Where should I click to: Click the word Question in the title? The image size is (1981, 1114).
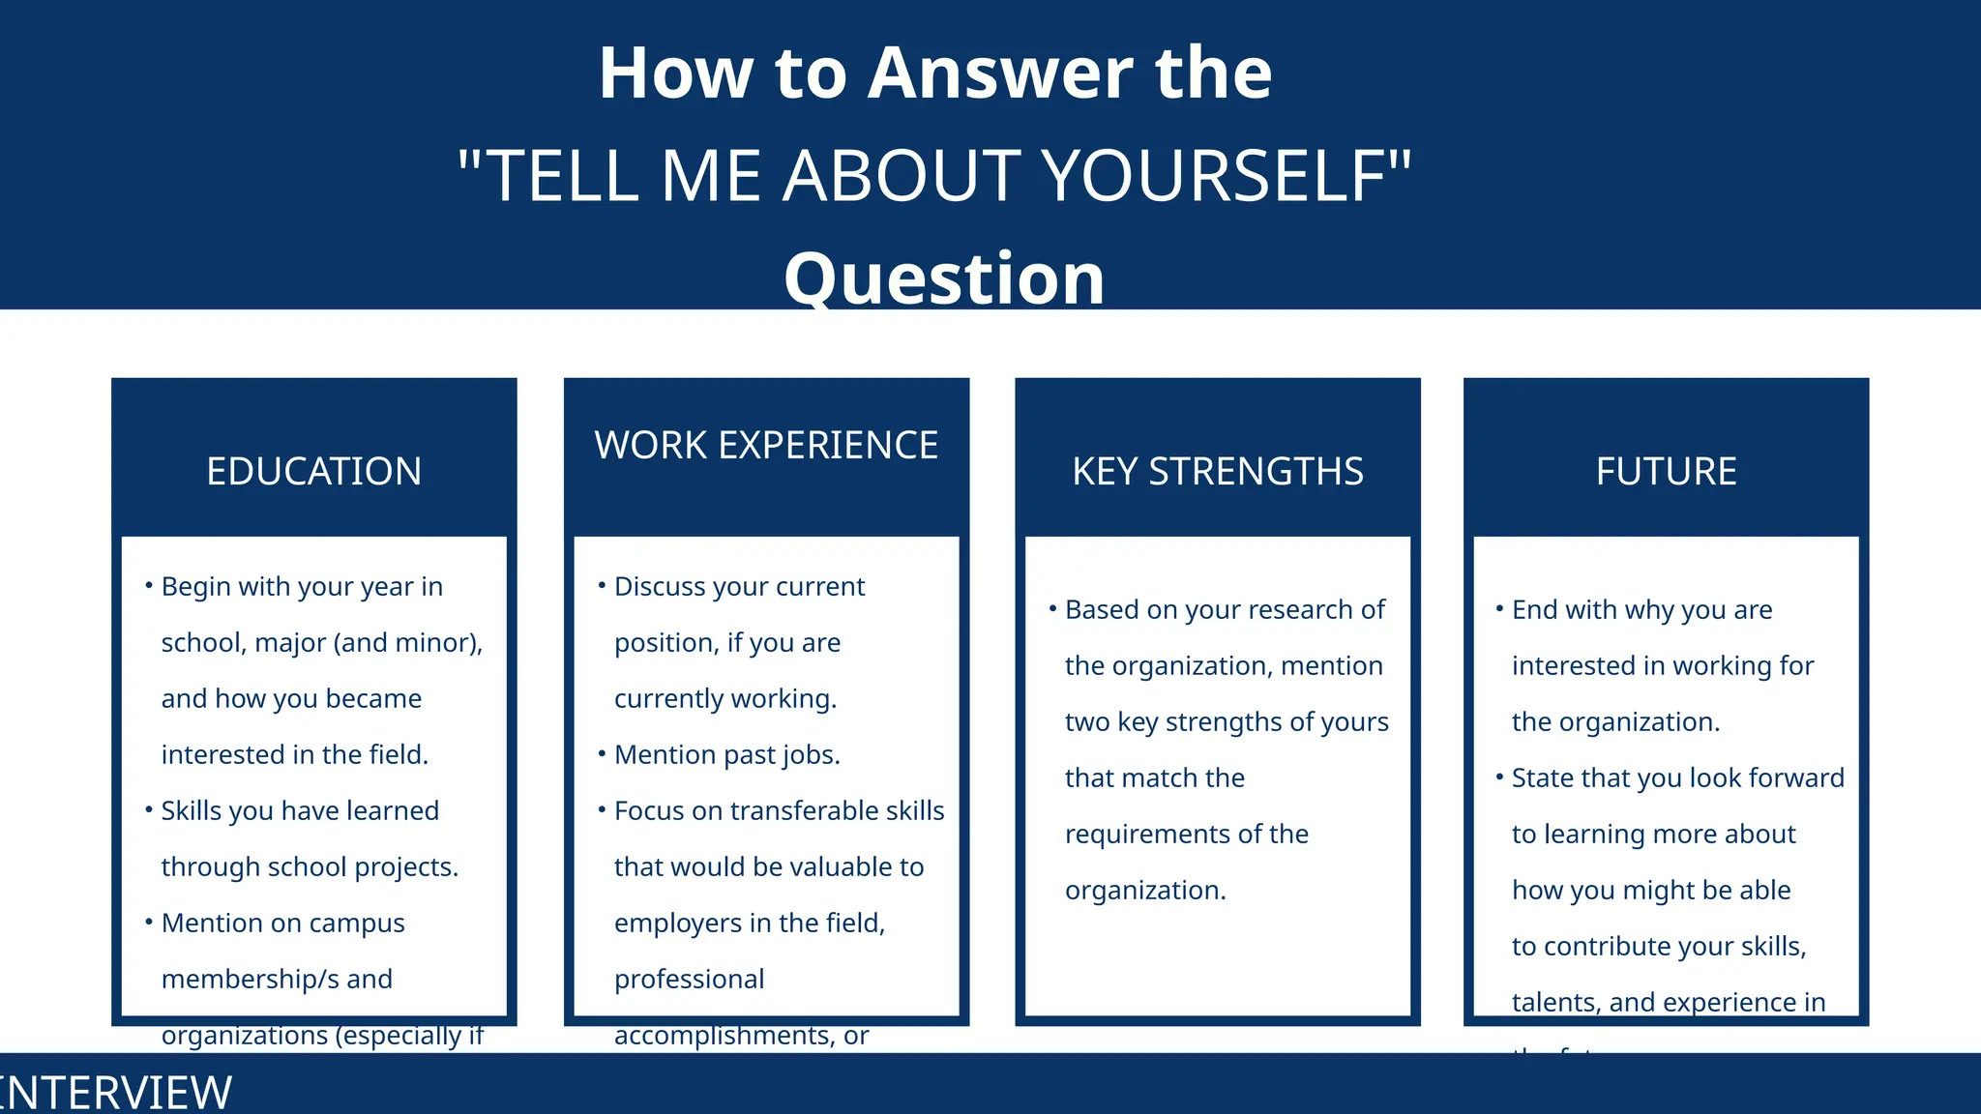tap(944, 278)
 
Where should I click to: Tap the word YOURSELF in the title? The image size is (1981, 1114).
tap(1215, 176)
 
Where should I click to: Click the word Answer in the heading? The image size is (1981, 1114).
tap(1000, 73)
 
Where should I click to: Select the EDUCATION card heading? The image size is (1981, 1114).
tap(313, 472)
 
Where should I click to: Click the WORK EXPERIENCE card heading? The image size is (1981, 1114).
tap(766, 446)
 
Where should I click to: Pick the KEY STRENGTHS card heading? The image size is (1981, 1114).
tap(1217, 472)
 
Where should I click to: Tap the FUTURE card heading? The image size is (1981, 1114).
tap(1666, 472)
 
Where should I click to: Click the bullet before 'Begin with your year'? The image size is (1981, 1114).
tap(149, 585)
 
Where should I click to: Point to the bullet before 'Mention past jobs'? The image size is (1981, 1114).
tap(602, 753)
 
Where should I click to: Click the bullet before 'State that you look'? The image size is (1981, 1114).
tap(1499, 777)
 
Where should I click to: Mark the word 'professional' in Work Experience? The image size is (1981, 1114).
tap(689, 979)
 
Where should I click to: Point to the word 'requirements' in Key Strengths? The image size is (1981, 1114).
tap(1146, 834)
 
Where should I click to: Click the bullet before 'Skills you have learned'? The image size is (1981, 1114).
tap(149, 809)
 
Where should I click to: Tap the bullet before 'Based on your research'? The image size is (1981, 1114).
tap(1052, 608)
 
